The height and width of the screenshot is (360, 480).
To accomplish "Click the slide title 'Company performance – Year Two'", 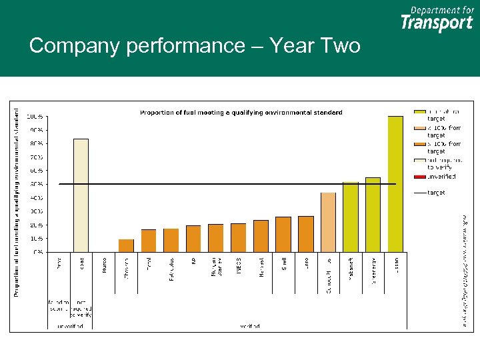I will point(195,46).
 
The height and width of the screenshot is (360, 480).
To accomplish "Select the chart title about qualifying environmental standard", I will point(241,113).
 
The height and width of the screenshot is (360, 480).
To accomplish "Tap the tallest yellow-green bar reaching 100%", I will point(395,183).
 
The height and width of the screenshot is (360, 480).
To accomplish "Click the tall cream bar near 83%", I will point(81,195).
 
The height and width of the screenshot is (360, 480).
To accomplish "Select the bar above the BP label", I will point(193,238).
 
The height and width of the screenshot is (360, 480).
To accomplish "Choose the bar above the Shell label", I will point(283,234).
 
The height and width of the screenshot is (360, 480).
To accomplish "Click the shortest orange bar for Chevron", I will point(126,245).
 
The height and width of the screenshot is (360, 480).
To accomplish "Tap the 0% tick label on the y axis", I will point(38,252).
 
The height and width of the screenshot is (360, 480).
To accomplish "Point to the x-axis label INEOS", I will point(238,264).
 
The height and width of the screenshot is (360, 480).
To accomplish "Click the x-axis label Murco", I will point(104,265).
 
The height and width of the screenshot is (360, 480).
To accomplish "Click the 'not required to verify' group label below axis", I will point(81,308).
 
